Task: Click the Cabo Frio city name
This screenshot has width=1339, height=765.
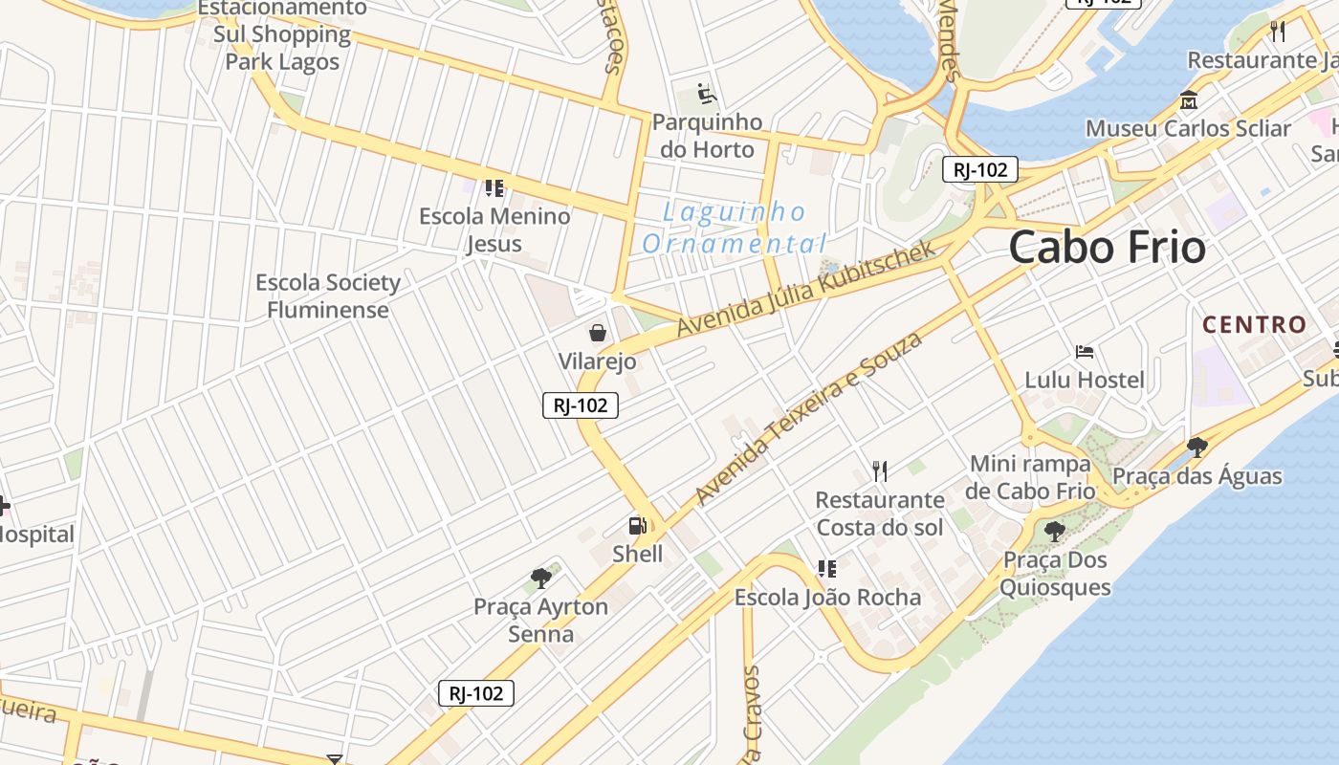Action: (1107, 247)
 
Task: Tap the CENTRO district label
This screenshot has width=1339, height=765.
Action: (1254, 325)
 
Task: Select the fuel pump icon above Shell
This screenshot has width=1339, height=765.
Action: (637, 526)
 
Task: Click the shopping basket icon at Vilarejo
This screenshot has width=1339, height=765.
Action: (598, 333)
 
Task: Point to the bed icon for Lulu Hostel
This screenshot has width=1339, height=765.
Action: (1084, 352)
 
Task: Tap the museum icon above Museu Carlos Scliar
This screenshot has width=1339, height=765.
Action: (1189, 99)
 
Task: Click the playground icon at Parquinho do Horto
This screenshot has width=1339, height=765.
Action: (707, 94)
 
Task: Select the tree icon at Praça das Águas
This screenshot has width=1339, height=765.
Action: (1196, 447)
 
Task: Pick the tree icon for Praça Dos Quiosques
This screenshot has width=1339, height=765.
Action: (1055, 532)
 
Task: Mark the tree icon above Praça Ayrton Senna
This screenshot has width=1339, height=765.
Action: (541, 578)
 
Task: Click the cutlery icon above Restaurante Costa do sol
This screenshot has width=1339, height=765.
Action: (880, 470)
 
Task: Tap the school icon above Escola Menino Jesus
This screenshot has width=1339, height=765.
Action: (494, 187)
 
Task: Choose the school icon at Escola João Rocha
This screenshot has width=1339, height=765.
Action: (827, 569)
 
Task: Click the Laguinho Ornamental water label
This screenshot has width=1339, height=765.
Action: (734, 228)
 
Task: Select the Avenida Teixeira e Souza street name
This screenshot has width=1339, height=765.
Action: (809, 418)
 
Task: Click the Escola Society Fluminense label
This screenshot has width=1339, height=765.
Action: (328, 296)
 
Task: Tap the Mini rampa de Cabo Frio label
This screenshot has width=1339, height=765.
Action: (1030, 477)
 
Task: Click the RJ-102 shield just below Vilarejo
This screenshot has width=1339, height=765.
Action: (581, 405)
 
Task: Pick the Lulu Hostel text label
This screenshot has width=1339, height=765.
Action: (1084, 380)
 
